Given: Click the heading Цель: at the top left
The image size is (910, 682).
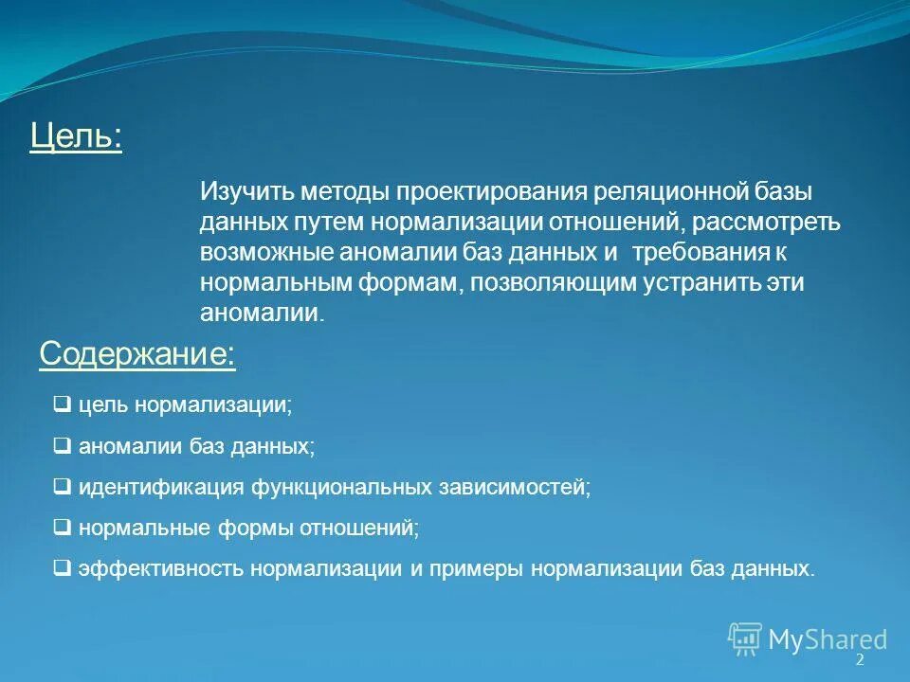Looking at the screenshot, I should [76, 136].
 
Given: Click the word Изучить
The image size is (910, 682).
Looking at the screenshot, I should [246, 191].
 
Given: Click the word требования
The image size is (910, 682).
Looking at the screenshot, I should [701, 253].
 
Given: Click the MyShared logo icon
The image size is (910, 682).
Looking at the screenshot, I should [745, 638].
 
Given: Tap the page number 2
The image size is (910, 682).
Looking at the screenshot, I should [860, 659].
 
